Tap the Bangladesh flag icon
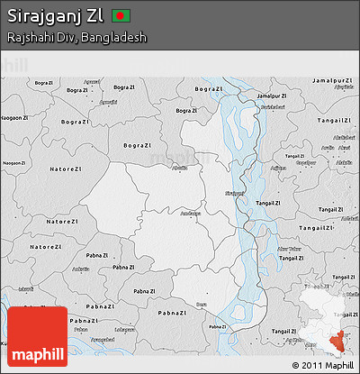[x=121, y=17]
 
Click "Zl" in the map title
[x=94, y=17]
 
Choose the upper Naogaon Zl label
[x=15, y=118]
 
